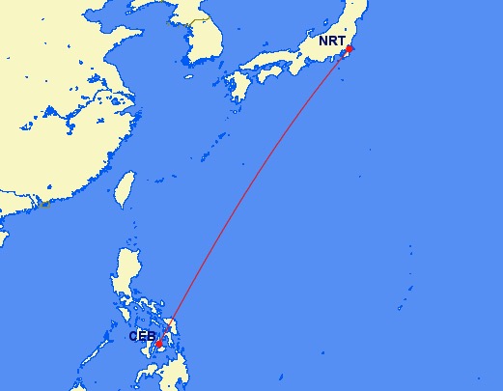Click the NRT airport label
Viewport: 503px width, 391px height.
click(331, 42)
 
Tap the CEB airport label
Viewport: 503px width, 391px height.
click(142, 336)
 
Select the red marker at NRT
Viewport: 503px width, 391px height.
click(349, 48)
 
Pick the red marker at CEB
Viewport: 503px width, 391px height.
click(158, 343)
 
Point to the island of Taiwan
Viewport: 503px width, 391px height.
click(124, 189)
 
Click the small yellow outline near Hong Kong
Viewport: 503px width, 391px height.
click(42, 204)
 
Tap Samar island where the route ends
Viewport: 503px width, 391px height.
click(173, 324)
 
